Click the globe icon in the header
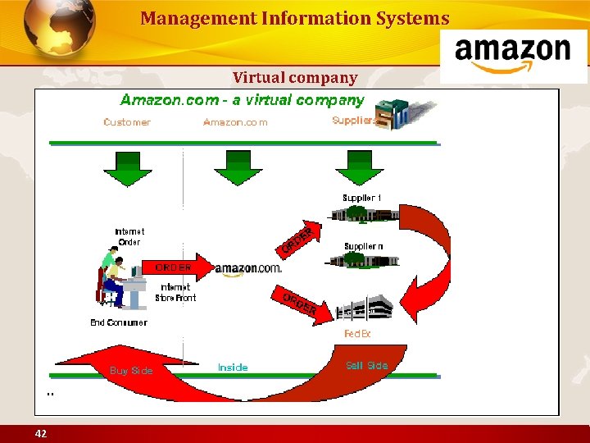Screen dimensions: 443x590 (x=60, y=31)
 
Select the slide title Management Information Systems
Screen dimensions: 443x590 (x=294, y=18)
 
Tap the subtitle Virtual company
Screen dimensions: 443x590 (x=295, y=78)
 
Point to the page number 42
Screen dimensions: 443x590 (x=40, y=433)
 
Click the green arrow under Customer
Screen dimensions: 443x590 (x=127, y=167)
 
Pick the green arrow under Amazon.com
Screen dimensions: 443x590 (x=238, y=167)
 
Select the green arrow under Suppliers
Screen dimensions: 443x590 (x=354, y=167)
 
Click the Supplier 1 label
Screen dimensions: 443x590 (x=361, y=198)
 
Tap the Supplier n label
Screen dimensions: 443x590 (x=363, y=246)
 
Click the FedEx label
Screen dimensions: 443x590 (x=357, y=334)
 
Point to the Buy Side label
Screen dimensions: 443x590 (x=131, y=371)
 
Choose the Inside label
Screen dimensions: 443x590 (x=233, y=368)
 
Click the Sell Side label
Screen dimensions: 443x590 (x=366, y=366)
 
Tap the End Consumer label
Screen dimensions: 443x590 (x=119, y=322)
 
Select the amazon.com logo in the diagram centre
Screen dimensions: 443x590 (x=247, y=268)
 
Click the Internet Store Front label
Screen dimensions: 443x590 (x=175, y=292)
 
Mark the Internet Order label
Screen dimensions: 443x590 (x=129, y=236)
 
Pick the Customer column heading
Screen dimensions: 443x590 (x=127, y=122)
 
